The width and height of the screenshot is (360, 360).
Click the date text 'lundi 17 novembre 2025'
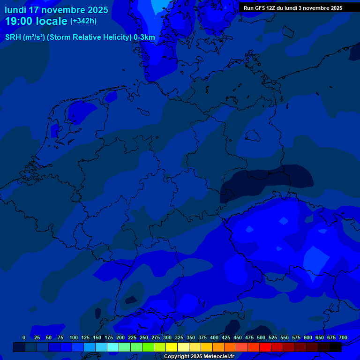coord(56,10)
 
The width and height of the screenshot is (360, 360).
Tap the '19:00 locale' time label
coord(36,21)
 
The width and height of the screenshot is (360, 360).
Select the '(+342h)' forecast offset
coord(83,21)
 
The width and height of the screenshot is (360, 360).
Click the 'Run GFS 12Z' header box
coord(293,8)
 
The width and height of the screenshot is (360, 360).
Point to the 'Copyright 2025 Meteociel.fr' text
coord(199,356)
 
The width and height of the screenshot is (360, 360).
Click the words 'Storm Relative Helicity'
coord(89,37)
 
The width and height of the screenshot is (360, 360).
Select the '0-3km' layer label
coord(144,37)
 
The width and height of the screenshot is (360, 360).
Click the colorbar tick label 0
coord(24,337)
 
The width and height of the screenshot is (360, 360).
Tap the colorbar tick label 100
coord(74,337)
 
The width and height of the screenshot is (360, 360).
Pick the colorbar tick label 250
coord(144,337)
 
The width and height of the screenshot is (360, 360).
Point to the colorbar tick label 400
coord(214,337)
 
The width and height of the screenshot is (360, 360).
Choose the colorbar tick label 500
coord(261,337)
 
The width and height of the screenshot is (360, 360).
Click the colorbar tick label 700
coord(343,337)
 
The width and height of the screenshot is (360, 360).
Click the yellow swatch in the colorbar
coord(172,347)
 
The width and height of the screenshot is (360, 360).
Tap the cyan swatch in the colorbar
coord(113,347)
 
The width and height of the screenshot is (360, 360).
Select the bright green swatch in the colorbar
coord(148,347)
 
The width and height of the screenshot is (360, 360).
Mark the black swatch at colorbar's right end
coord(336,347)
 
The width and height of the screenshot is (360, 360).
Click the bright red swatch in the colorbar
coord(265,347)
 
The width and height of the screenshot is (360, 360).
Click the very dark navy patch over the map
coord(267,180)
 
